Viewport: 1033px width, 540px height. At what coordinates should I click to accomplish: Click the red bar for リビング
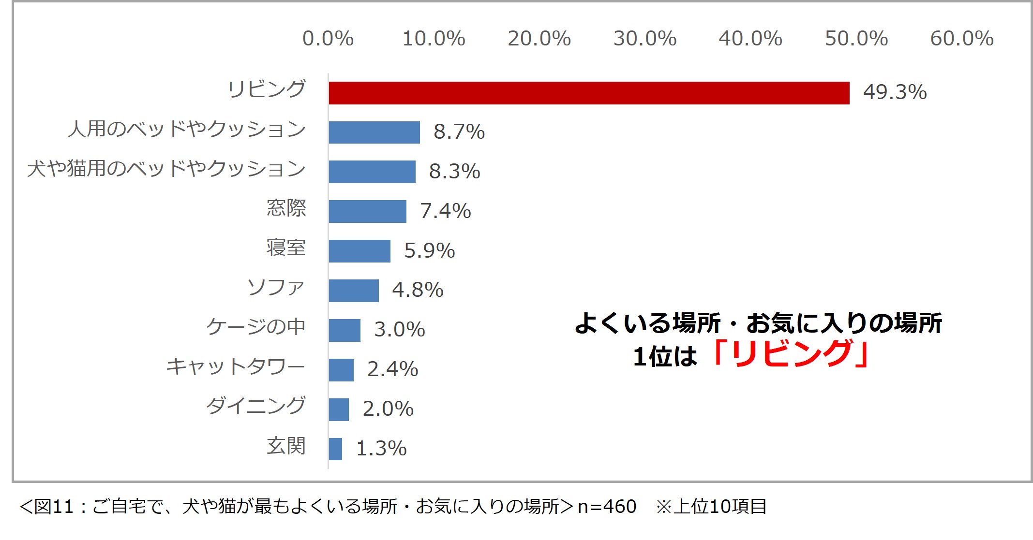(x=589, y=93)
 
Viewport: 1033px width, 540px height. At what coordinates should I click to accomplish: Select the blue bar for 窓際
(x=367, y=211)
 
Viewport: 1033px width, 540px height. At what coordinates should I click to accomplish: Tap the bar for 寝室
(x=359, y=251)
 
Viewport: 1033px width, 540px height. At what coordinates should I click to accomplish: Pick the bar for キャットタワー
(x=341, y=370)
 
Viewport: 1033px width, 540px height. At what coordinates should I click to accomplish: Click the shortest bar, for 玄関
(x=335, y=449)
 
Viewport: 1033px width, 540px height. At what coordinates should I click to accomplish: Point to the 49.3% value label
(x=895, y=92)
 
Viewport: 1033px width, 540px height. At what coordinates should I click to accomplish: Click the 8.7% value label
(x=459, y=131)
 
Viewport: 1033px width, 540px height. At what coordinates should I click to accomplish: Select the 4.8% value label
(x=418, y=290)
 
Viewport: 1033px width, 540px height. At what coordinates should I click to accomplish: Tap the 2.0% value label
(x=388, y=409)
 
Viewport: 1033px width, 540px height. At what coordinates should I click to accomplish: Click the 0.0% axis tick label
(x=328, y=39)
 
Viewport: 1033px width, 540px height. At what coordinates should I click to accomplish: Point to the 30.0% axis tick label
(x=645, y=39)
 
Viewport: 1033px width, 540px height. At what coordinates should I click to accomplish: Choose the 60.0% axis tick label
(x=962, y=39)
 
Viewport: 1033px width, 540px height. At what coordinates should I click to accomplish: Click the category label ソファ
(x=276, y=288)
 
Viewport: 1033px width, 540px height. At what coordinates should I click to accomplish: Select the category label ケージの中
(x=256, y=327)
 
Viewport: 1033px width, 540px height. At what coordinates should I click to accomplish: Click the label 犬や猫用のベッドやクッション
(x=166, y=169)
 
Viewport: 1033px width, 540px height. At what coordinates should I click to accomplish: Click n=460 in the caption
(x=607, y=507)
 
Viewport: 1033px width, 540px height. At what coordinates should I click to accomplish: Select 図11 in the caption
(x=54, y=507)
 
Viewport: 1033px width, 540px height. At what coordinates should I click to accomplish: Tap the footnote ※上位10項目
(x=711, y=507)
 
